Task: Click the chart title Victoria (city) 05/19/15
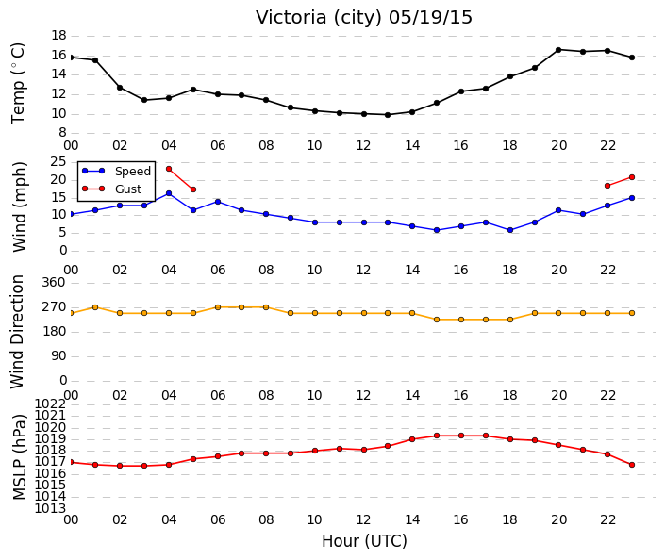[364, 18]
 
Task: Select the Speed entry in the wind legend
[117, 171]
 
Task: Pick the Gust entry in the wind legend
[111, 189]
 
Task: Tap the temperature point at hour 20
[558, 50]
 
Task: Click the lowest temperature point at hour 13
[388, 115]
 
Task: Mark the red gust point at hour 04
[169, 169]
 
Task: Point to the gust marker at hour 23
[632, 177]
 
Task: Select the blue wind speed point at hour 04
[169, 193]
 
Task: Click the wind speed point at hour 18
[510, 230]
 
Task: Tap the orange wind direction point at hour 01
[95, 307]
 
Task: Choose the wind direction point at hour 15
[437, 320]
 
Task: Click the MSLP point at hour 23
[632, 465]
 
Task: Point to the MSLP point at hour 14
[412, 439]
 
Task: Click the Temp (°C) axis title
[18, 84]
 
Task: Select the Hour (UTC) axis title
[364, 541]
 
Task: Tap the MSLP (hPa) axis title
[20, 457]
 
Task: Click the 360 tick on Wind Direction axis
[55, 282]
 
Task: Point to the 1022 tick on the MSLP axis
[51, 404]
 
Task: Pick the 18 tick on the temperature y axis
[58, 35]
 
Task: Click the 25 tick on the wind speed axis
[58, 161]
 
